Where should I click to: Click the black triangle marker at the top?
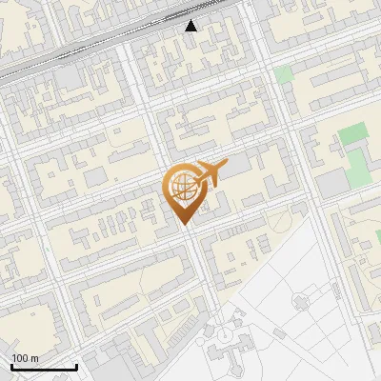click(191, 26)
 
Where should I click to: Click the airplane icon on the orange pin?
click(209, 174)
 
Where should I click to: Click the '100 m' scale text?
click(25, 358)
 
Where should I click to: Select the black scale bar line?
click(44, 367)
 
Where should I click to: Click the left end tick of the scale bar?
click(11, 365)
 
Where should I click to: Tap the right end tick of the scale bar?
click(76, 365)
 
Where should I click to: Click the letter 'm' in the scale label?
click(34, 358)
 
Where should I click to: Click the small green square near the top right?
click(284, 74)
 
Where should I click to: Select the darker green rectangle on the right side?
click(352, 133)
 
